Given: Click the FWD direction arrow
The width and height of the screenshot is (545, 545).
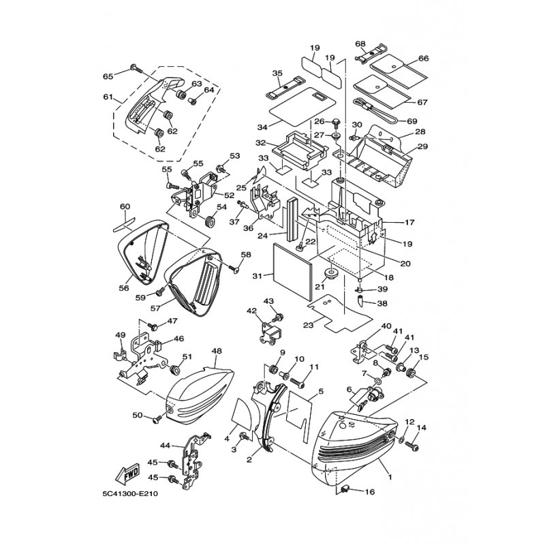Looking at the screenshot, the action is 127,473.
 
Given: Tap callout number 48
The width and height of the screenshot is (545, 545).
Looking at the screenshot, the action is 216,352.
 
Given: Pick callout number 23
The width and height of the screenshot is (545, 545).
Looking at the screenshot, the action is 309,325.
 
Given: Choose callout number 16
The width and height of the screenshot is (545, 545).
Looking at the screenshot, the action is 370,492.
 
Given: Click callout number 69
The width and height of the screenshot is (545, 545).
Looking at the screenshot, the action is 412,121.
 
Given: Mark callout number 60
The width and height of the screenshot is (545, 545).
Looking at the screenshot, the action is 125,206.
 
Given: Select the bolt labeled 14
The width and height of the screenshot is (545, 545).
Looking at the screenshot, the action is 413,445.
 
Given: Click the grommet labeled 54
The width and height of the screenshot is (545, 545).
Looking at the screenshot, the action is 210,221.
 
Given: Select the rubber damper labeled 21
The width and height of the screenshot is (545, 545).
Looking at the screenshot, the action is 328,274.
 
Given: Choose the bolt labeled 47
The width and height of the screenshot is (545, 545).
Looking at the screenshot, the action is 153,326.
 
